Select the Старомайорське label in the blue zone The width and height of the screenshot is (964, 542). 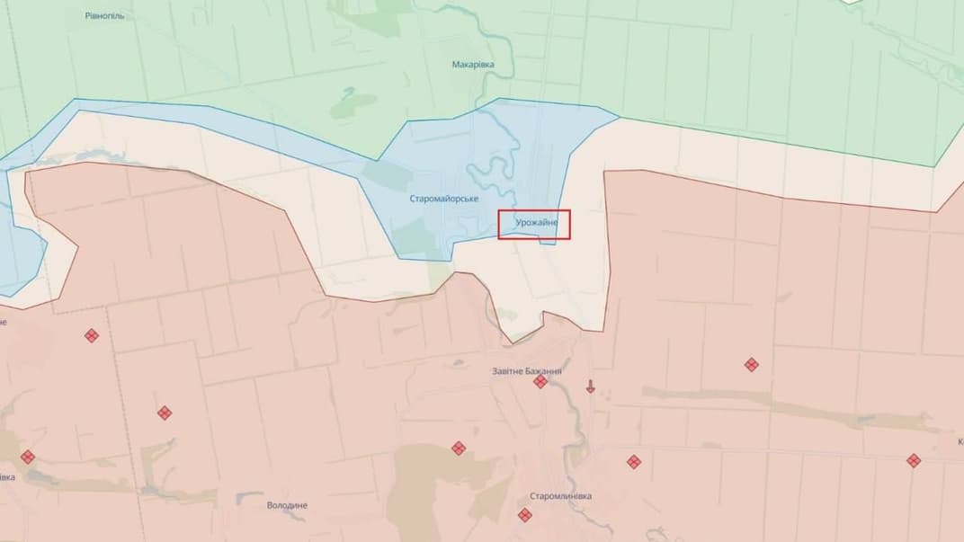pyautogui.click(x=443, y=198)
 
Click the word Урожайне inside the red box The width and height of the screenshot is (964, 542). pyautogui.click(x=536, y=222)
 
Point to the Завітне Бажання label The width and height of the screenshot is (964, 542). pyautogui.click(x=527, y=371)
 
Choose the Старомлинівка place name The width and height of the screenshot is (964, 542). pyautogui.click(x=560, y=496)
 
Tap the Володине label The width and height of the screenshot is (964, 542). pyautogui.click(x=287, y=505)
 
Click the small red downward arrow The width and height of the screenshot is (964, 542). pyautogui.click(x=591, y=387)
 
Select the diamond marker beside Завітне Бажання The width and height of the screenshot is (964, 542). pyautogui.click(x=540, y=382)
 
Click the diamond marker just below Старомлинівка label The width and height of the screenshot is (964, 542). pyautogui.click(x=524, y=515)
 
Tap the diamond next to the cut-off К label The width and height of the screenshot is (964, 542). pyautogui.click(x=914, y=460)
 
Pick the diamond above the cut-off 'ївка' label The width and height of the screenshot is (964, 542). pyautogui.click(x=28, y=457)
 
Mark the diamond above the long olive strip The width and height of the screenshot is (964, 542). pyautogui.click(x=751, y=364)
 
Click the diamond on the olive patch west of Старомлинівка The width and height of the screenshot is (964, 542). pyautogui.click(x=458, y=448)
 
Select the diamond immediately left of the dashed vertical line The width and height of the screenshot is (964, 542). pyautogui.click(x=91, y=335)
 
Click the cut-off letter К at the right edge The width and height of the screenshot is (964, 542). pyautogui.click(x=960, y=442)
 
